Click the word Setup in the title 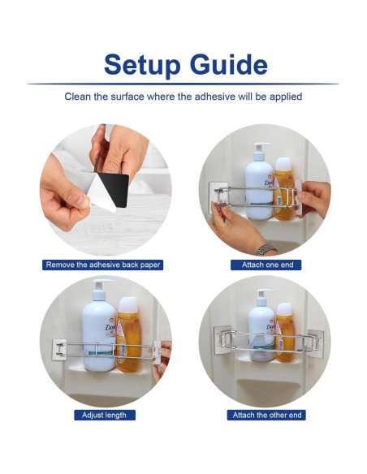pyautogui.click(x=142, y=65)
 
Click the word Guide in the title pyautogui.click(x=228, y=64)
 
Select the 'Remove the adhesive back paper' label pyautogui.click(x=103, y=265)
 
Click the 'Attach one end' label pyautogui.click(x=266, y=265)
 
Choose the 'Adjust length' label pyautogui.click(x=105, y=415)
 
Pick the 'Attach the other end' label pyautogui.click(x=266, y=415)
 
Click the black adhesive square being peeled pyautogui.click(x=114, y=188)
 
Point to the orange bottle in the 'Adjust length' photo pyautogui.click(x=129, y=334)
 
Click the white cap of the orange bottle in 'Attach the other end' pyautogui.click(x=284, y=309)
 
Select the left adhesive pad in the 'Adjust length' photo pyautogui.click(x=59, y=350)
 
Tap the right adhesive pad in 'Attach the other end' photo pyautogui.click(x=316, y=343)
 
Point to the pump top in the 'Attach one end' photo pyautogui.click(x=261, y=151)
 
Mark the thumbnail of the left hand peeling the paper pyautogui.click(x=82, y=201)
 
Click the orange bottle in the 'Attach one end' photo pyautogui.click(x=283, y=189)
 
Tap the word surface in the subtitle pyautogui.click(x=127, y=97)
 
